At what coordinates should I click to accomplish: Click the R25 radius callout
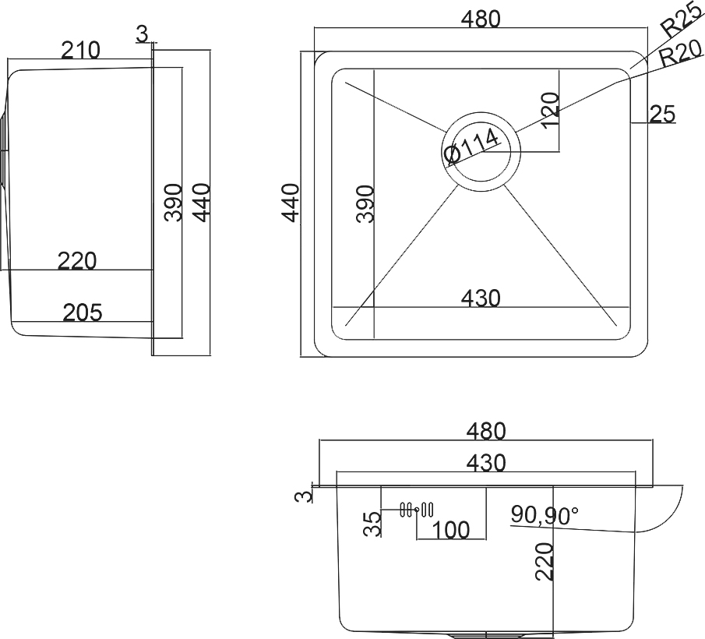pos(682,20)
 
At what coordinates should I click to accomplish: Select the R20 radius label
pos(681,54)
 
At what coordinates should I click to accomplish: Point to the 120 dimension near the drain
pos(550,111)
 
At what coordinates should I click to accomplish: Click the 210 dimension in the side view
pos(80,51)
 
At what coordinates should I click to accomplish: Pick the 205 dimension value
pos(83,312)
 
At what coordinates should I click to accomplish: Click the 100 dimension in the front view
pos(450,530)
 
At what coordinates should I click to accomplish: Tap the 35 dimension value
pos(372,524)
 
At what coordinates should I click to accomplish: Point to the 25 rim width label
pos(663,114)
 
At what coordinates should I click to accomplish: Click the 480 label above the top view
pos(481,19)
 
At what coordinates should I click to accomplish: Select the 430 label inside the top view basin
pos(481,298)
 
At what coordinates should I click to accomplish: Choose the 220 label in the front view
pos(545,562)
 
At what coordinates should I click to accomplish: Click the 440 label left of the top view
pos(291,203)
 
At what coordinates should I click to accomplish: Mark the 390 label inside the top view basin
pos(365,203)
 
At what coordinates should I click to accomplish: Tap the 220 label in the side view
pos(77,261)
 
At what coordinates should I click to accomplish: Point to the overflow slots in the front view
pos(417,510)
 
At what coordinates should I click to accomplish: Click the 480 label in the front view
pos(486,431)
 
